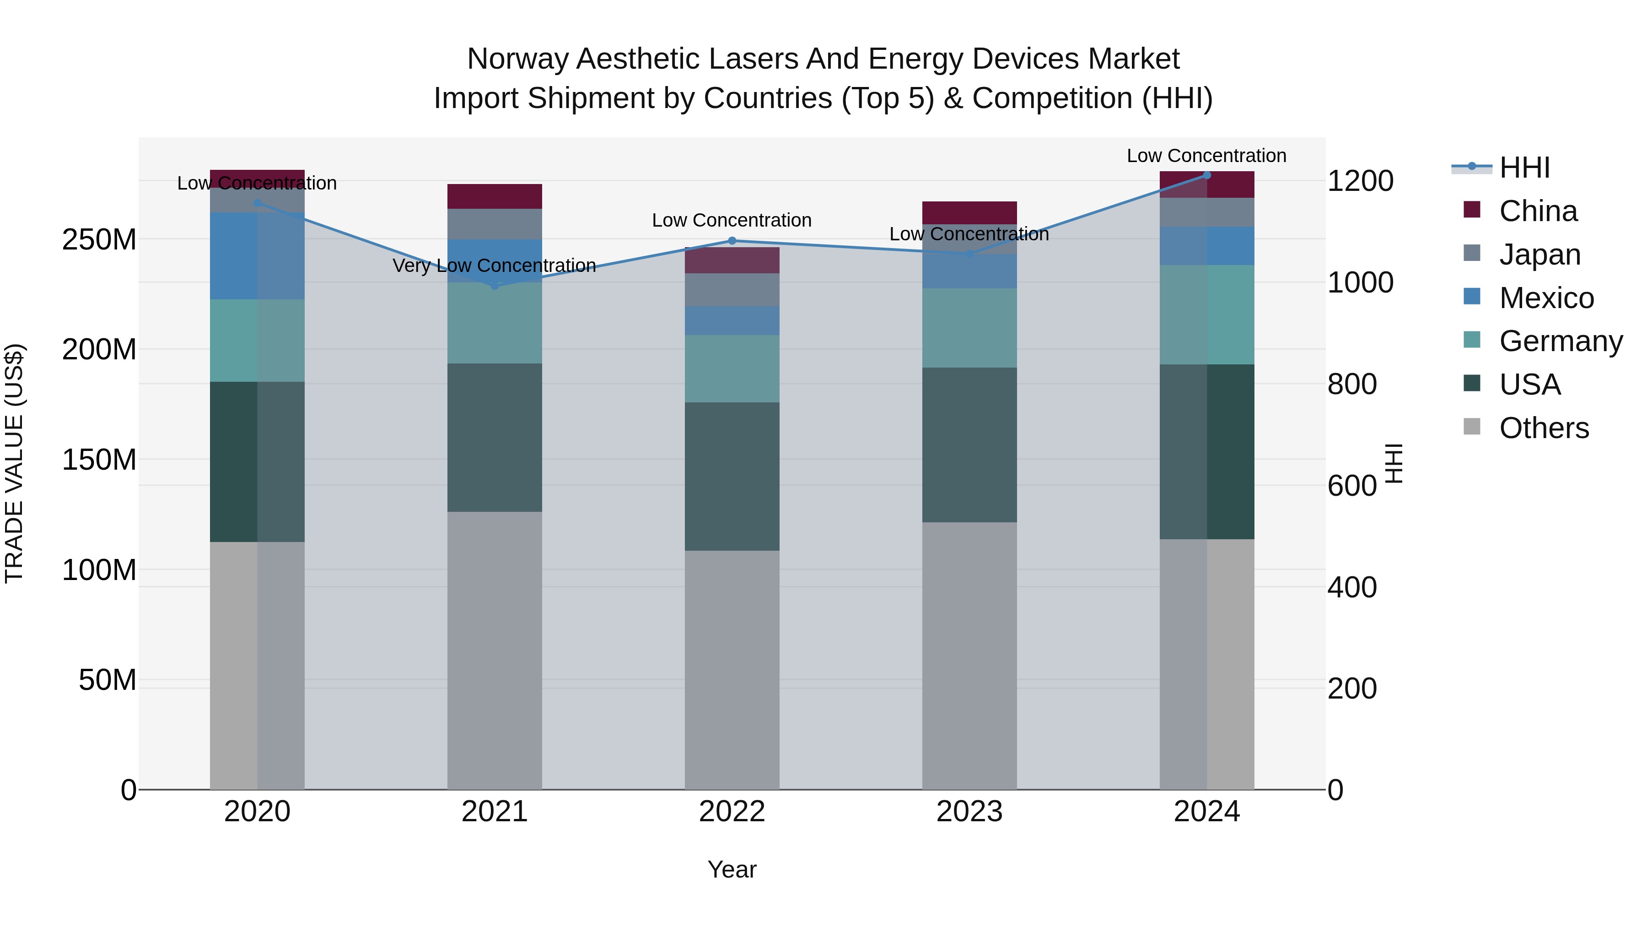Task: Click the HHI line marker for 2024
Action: click(x=1206, y=175)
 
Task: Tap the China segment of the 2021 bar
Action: click(x=494, y=196)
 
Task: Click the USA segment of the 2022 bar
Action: click(x=732, y=476)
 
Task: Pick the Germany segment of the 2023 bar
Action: click(x=969, y=328)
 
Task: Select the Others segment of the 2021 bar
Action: click(x=494, y=649)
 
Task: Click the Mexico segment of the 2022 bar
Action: click(x=732, y=320)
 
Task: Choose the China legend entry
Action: click(x=1537, y=211)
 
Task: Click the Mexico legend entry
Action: click(x=1545, y=298)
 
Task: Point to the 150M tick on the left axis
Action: click(x=99, y=459)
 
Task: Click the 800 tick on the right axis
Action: click(x=1351, y=384)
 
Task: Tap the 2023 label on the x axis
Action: click(x=969, y=812)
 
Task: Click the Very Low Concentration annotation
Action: click(x=494, y=266)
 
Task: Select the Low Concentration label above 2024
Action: click(x=1206, y=156)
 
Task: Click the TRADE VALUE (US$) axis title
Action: click(x=14, y=463)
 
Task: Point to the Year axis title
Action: click(x=732, y=869)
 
